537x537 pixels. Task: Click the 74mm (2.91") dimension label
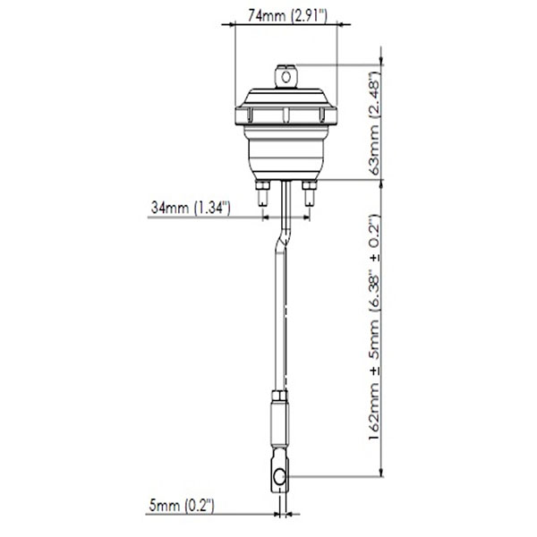(x=287, y=15)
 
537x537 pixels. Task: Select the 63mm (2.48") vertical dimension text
(x=375, y=124)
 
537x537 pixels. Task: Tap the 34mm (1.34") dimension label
(x=191, y=208)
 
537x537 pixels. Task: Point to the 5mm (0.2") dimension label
(x=182, y=506)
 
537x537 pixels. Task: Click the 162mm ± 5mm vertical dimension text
(x=375, y=328)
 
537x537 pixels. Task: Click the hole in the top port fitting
(x=286, y=77)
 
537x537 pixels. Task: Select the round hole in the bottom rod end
(x=280, y=477)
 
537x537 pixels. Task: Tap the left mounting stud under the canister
(x=262, y=192)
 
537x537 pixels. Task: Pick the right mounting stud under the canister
(x=310, y=192)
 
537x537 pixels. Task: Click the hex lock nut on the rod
(x=280, y=396)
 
